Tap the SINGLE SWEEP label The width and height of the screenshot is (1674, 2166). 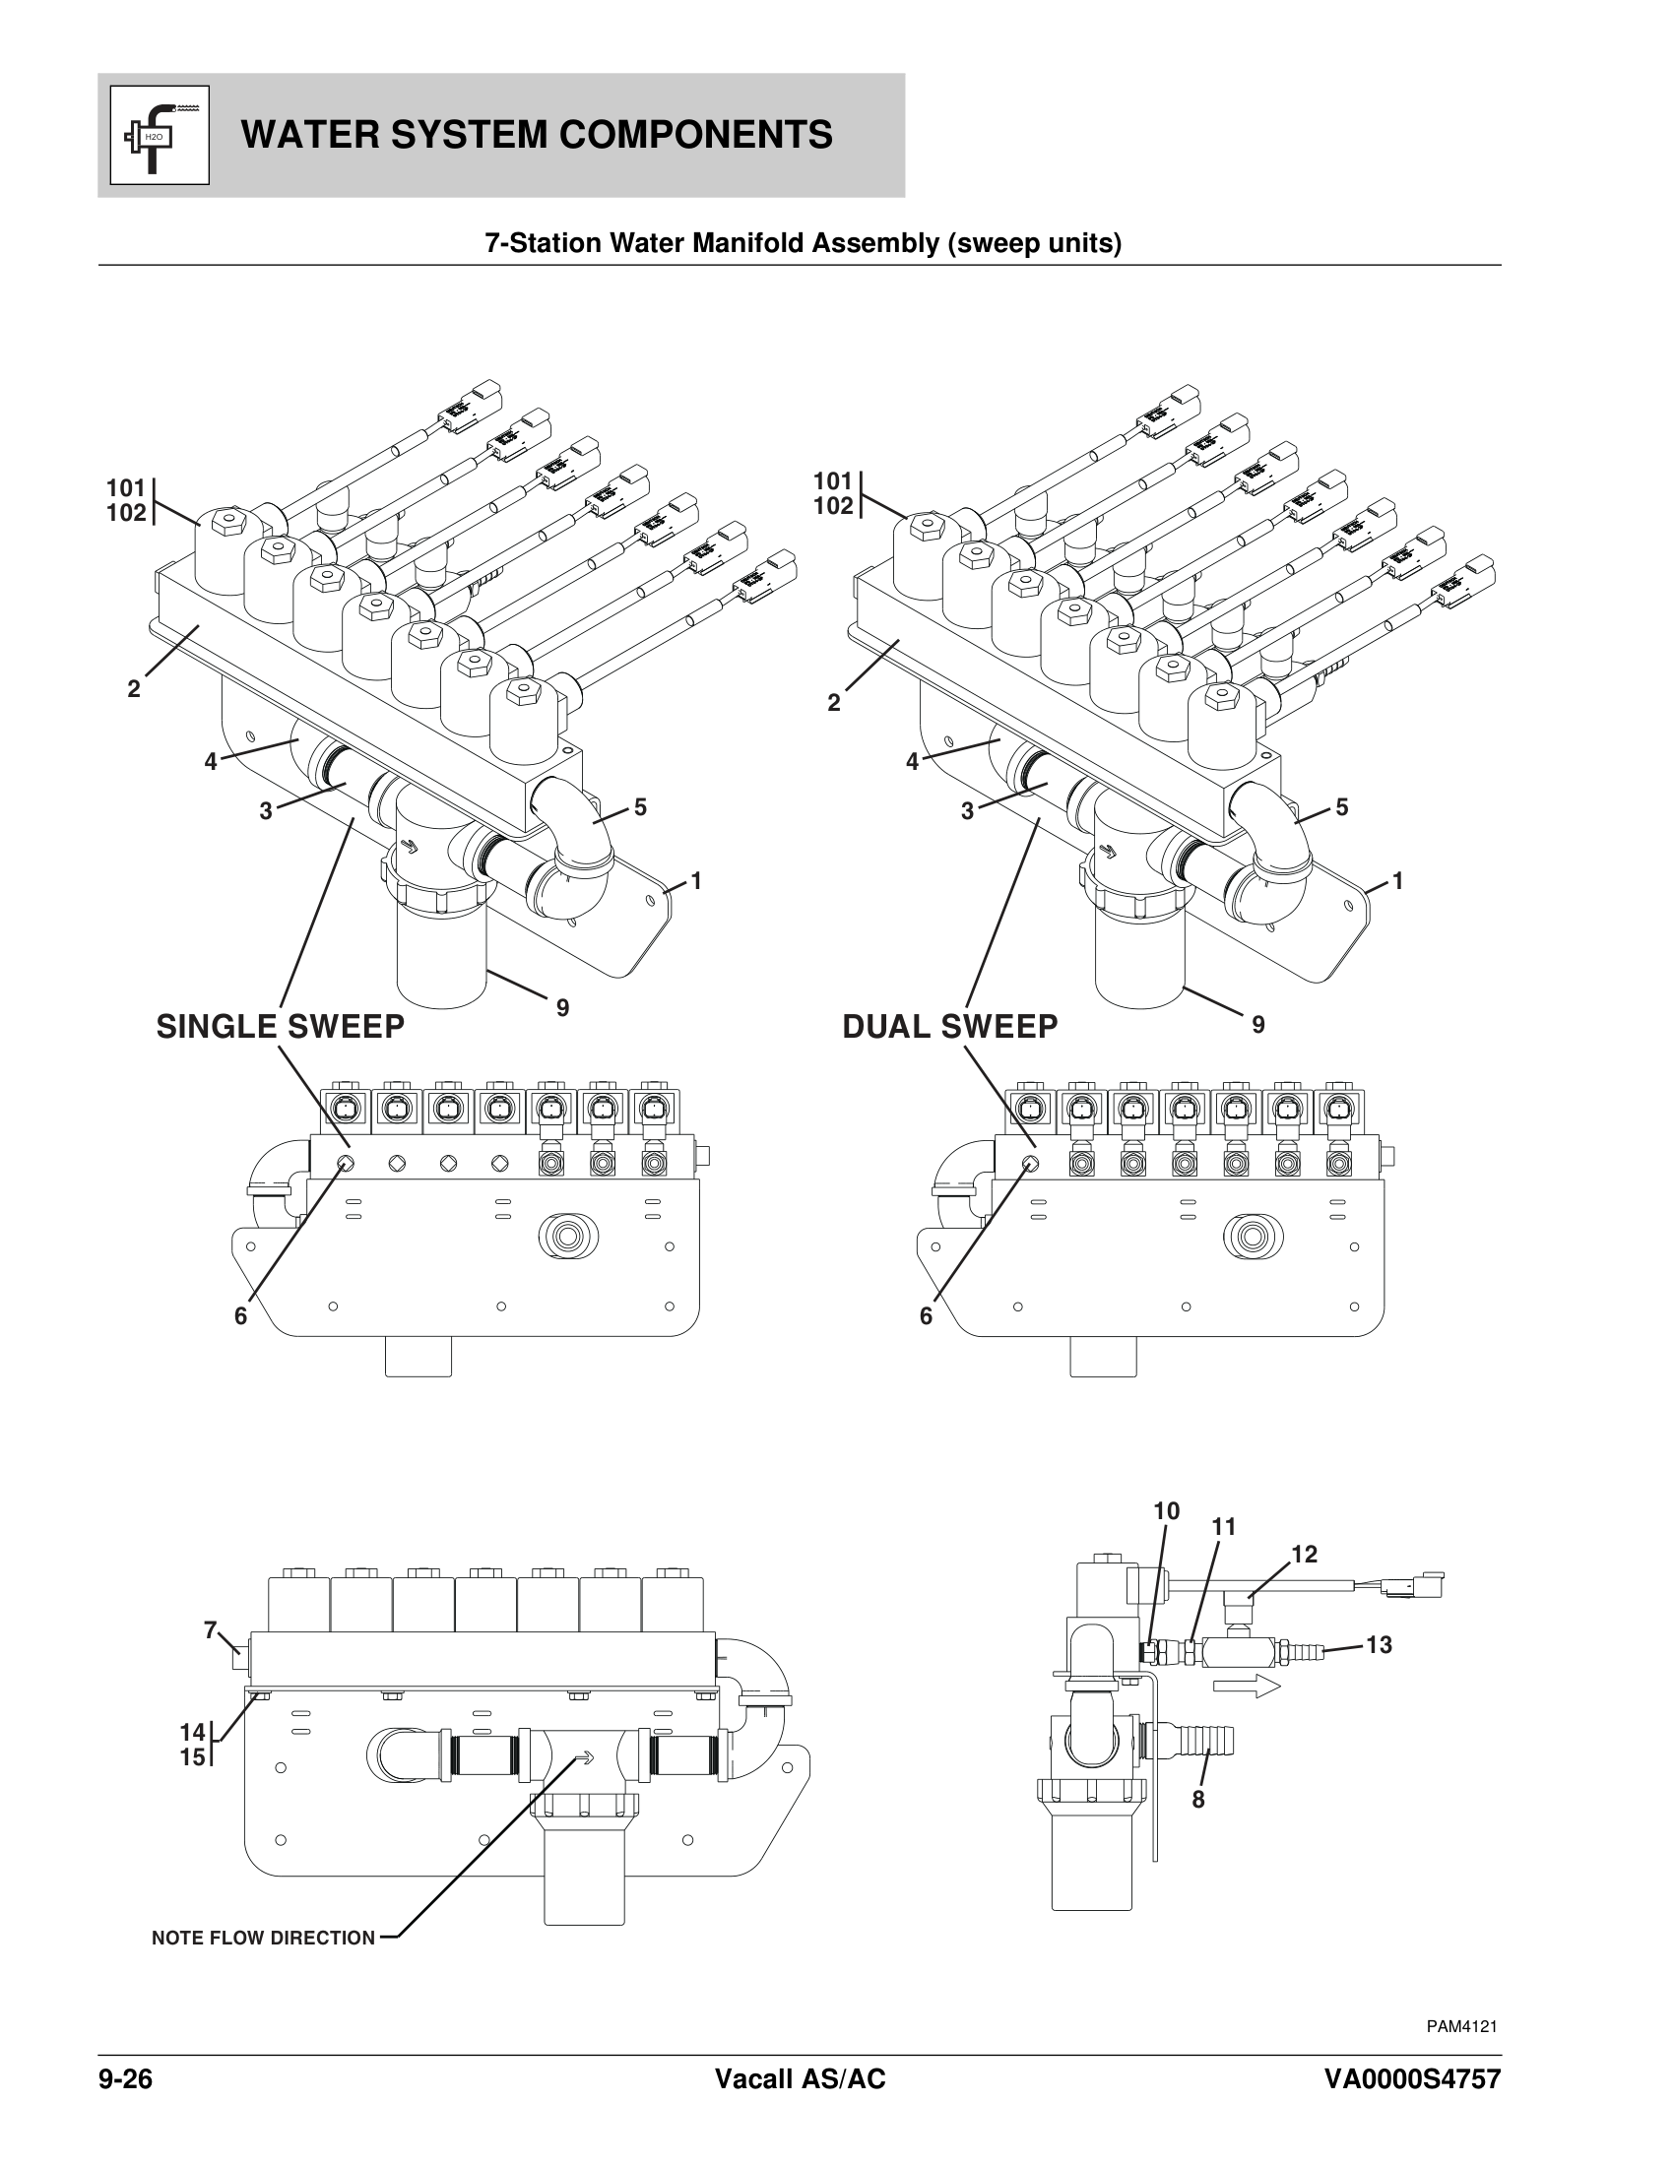pyautogui.click(x=281, y=1027)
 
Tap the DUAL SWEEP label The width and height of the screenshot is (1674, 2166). pyautogui.click(x=950, y=1027)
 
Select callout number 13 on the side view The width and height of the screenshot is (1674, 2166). pyautogui.click(x=1379, y=1645)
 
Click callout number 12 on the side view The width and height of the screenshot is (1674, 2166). pyautogui.click(x=1304, y=1554)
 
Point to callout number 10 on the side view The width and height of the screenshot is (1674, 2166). pyautogui.click(x=1166, y=1511)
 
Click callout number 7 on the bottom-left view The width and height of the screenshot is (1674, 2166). pyautogui.click(x=211, y=1629)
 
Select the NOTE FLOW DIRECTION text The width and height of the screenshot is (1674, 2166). pyautogui.click(x=264, y=1938)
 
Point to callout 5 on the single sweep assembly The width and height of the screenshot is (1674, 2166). pyautogui.click(x=641, y=807)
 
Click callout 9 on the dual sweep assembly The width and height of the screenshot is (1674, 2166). pyautogui.click(x=1258, y=1026)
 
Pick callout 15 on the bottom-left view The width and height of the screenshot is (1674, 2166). pyautogui.click(x=192, y=1757)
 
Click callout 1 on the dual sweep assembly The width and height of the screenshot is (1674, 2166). pyautogui.click(x=1397, y=881)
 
